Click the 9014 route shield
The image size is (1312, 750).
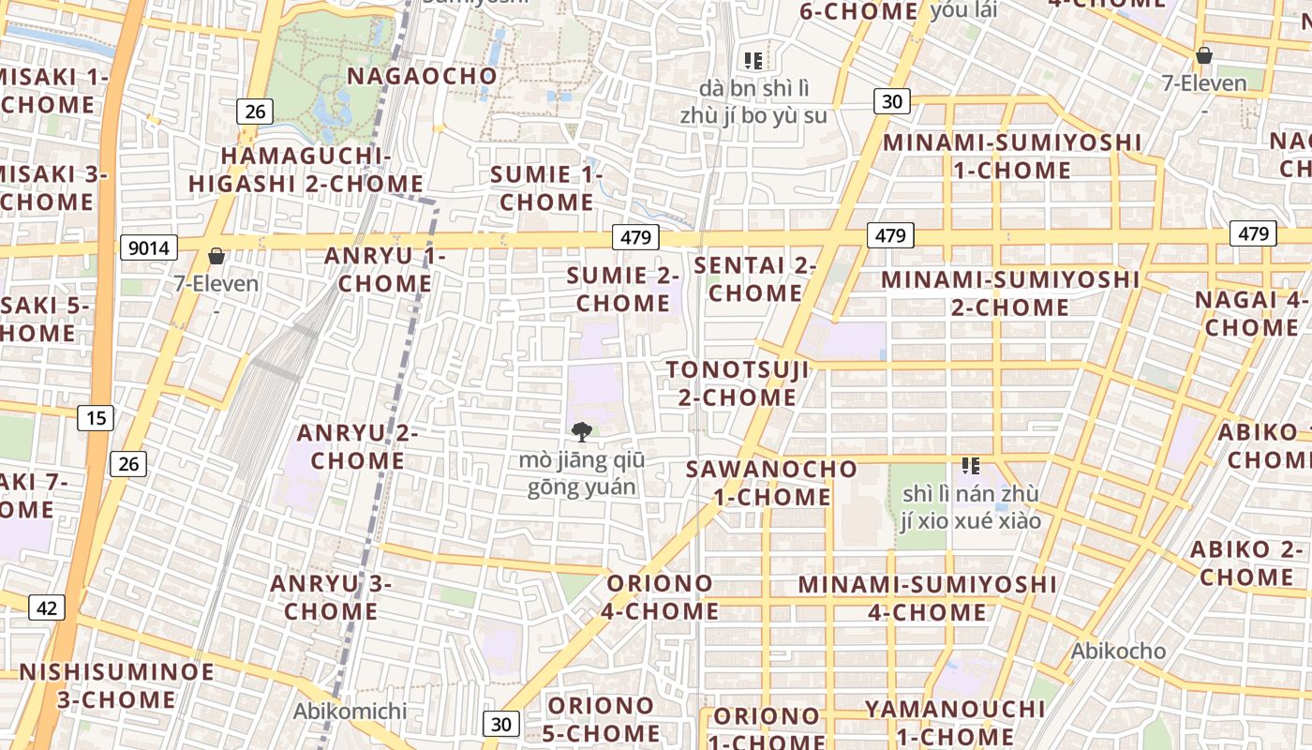[x=149, y=247]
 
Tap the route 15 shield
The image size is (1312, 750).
[x=97, y=417]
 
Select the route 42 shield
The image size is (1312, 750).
[x=47, y=607]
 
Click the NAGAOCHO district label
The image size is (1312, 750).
[x=422, y=76]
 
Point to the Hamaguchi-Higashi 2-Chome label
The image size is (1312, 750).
[x=306, y=170]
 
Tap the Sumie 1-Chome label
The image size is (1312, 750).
[x=546, y=187]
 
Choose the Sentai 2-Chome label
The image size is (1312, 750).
[x=755, y=279]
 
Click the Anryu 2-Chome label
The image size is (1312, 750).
[x=357, y=447]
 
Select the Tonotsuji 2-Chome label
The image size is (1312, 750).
[x=738, y=382]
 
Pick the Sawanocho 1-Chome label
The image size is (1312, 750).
[x=772, y=482]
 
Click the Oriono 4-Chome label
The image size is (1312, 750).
[x=662, y=597]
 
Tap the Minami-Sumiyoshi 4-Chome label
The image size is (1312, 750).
[x=927, y=598]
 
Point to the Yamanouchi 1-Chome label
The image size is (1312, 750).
[x=955, y=722]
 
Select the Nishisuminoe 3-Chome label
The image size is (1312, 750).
[x=116, y=685]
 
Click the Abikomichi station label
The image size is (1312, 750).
[x=350, y=711]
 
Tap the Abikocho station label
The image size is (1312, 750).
[x=1119, y=651]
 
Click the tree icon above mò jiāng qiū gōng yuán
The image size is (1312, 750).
[x=582, y=431]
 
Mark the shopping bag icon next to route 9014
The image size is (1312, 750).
[x=216, y=256]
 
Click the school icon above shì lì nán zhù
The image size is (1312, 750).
[x=970, y=465]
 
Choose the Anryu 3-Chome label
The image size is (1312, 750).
[x=331, y=597]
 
